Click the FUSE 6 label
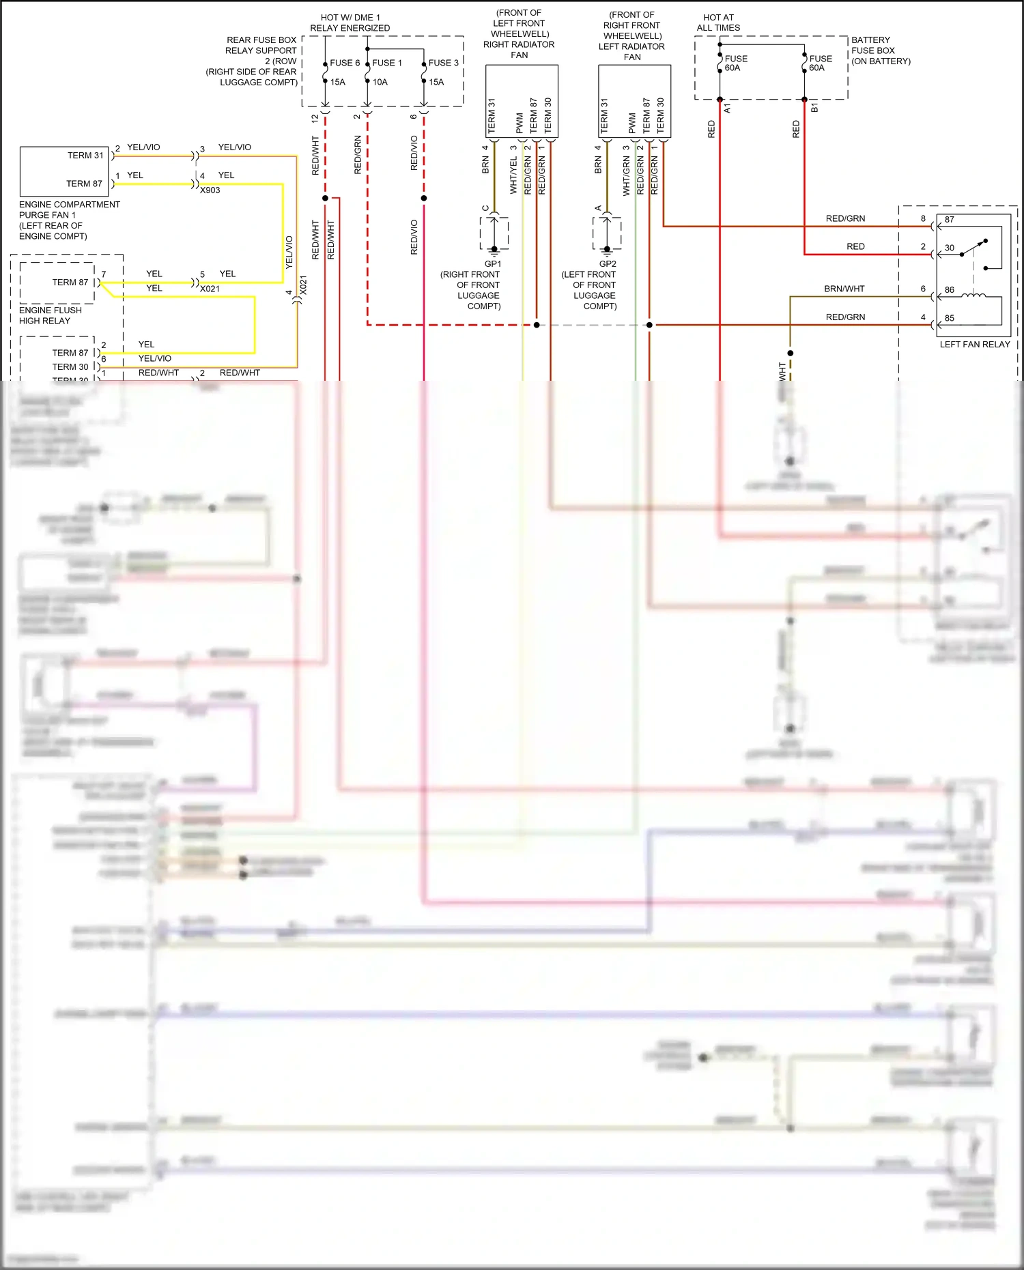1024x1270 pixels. point(345,63)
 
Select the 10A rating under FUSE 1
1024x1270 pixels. point(380,82)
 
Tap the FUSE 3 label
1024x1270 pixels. point(443,63)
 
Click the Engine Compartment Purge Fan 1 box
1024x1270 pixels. point(64,171)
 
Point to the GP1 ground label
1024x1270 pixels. point(492,264)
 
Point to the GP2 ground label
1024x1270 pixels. point(607,264)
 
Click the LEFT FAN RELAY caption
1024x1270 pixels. point(974,345)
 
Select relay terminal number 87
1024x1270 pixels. point(950,220)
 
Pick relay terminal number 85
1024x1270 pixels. point(950,318)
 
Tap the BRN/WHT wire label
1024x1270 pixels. point(844,289)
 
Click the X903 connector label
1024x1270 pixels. point(210,190)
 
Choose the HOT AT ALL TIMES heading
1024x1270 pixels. point(718,23)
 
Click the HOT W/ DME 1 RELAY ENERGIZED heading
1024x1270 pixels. point(350,23)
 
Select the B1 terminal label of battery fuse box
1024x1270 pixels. point(814,108)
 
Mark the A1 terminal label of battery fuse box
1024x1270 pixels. point(727,108)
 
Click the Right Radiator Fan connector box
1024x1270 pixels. point(522,101)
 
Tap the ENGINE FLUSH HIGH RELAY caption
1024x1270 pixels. point(50,315)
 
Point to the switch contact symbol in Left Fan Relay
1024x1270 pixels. point(975,248)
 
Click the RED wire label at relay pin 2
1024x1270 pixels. point(855,247)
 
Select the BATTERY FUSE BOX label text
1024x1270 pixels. point(880,50)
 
